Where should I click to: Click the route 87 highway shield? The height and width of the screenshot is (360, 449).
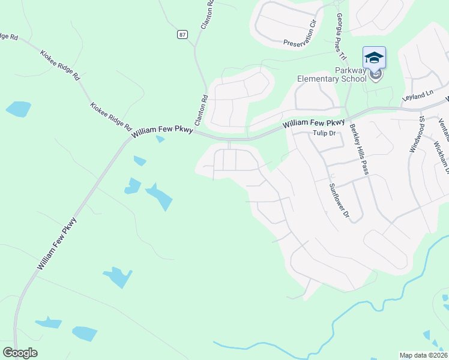182,35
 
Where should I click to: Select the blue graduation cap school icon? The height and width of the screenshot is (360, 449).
374,58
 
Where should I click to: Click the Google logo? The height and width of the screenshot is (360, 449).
20,353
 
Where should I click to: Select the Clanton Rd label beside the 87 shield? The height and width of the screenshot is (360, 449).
204,105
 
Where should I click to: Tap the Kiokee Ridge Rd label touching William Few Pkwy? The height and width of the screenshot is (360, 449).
110,116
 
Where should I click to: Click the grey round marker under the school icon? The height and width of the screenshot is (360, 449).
376,75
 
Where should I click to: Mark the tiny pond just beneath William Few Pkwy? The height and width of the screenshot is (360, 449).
160,139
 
